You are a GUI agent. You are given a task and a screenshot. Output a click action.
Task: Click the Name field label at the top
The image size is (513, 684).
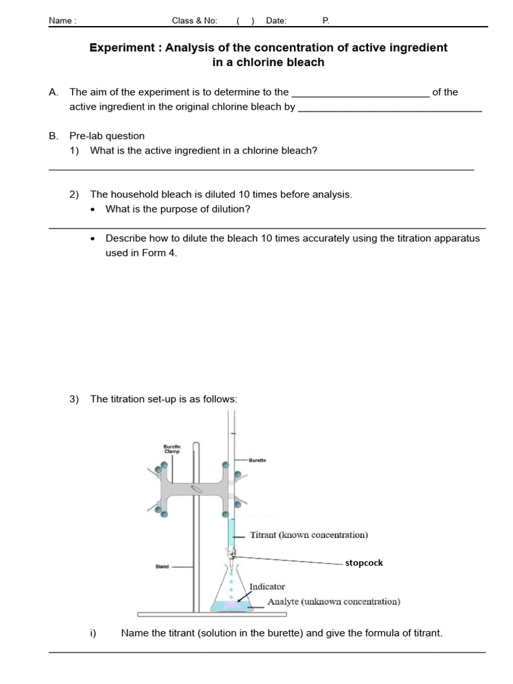(x=62, y=21)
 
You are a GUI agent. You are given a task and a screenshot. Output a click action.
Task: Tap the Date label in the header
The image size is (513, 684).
(x=276, y=21)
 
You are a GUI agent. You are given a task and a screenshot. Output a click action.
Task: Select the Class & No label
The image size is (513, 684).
(x=194, y=21)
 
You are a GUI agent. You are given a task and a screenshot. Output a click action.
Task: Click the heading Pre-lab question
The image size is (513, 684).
(x=107, y=136)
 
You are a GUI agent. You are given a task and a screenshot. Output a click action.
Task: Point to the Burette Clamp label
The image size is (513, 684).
(x=172, y=449)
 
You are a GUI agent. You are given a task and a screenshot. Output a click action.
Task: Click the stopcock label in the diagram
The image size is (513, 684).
(x=364, y=563)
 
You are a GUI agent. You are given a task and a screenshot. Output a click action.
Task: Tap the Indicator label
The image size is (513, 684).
(x=267, y=586)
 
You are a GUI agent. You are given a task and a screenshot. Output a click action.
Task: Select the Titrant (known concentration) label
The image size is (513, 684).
(x=309, y=535)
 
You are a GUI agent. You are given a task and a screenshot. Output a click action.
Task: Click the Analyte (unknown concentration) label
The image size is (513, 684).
(x=334, y=601)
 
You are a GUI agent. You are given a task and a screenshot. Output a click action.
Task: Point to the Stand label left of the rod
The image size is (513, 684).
(x=162, y=567)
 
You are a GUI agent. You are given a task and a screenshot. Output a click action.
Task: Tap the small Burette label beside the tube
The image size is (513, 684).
(x=258, y=460)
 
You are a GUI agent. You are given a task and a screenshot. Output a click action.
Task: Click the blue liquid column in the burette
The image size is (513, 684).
(x=232, y=534)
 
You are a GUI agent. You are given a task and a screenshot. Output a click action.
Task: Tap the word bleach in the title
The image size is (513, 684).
(x=301, y=62)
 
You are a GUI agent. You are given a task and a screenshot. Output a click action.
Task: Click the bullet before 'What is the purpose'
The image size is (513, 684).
(x=93, y=210)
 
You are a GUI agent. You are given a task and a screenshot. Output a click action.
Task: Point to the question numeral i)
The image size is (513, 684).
(x=93, y=633)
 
